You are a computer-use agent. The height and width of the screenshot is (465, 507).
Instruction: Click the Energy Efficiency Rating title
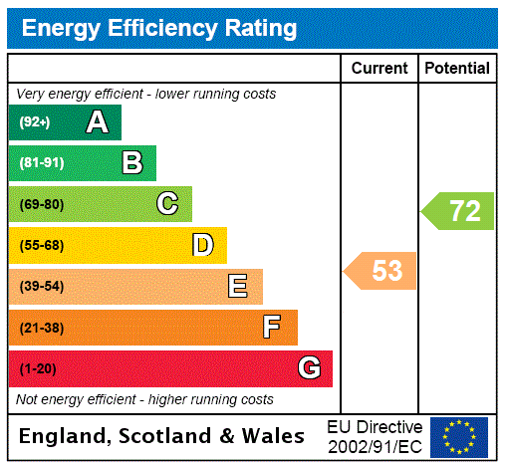(159, 29)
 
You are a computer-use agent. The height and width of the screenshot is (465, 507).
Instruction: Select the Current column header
(380, 69)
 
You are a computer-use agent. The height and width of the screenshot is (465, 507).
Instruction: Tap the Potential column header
(457, 69)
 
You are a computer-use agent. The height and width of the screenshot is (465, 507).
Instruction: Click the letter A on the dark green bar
(97, 122)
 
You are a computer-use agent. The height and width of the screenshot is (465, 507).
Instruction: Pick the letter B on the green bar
(131, 163)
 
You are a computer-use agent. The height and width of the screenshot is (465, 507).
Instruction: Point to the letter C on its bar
(167, 204)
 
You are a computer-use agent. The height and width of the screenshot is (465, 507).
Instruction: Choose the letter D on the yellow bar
(202, 245)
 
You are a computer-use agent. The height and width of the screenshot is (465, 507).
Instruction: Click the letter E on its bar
(238, 287)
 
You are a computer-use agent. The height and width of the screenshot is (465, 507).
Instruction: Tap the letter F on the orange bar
(271, 327)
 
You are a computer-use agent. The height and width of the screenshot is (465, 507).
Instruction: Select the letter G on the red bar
(309, 368)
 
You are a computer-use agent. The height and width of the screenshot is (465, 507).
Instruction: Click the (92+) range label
(35, 122)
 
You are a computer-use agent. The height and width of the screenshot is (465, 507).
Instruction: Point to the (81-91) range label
(41, 163)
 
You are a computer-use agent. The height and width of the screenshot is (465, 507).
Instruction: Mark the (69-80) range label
(41, 204)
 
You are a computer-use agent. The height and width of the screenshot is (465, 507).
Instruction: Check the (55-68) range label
(41, 245)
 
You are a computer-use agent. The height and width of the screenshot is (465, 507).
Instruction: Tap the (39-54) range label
(41, 287)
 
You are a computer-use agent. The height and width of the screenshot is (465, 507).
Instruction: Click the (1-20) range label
(38, 368)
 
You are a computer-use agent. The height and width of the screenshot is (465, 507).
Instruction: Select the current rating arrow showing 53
(381, 270)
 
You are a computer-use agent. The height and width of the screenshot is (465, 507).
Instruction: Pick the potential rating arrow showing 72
(459, 211)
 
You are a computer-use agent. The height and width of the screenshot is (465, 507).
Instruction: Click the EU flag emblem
(459, 437)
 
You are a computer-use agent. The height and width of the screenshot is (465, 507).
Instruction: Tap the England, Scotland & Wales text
(162, 436)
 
